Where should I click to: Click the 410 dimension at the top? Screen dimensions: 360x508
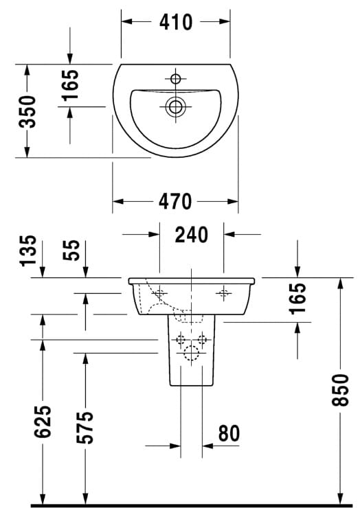(x=176, y=22)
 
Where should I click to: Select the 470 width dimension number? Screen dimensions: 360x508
(x=175, y=201)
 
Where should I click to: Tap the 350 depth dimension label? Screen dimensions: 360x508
(x=27, y=111)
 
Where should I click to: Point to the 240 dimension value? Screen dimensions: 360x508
(x=192, y=235)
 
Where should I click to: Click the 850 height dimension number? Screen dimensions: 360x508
(x=340, y=390)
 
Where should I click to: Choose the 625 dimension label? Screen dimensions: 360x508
(x=43, y=422)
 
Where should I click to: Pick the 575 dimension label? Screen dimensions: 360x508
(x=85, y=427)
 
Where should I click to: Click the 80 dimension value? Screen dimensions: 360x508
(x=229, y=433)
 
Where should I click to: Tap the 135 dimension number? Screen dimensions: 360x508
(x=28, y=251)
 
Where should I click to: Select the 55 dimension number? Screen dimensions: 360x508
(x=71, y=250)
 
